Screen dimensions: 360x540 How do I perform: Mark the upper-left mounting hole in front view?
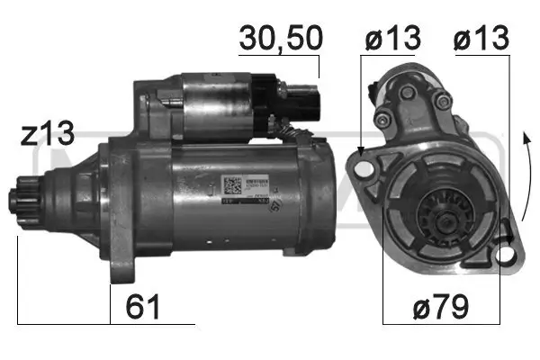tap(364, 167)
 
